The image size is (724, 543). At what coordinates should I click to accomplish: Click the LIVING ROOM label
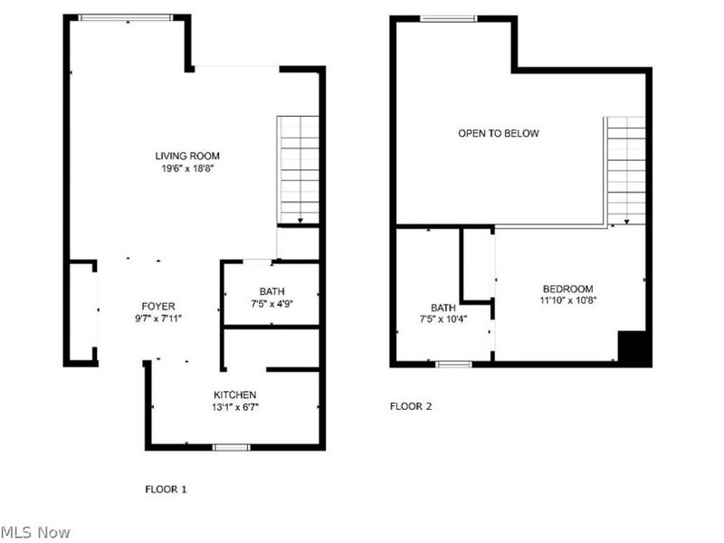pos(187,156)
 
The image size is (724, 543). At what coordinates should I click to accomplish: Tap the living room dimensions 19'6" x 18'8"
pos(187,168)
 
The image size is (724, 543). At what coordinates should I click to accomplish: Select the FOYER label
pos(157,306)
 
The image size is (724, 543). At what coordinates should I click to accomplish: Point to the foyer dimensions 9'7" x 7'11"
pos(157,319)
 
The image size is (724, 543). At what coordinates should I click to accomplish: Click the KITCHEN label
pos(234,395)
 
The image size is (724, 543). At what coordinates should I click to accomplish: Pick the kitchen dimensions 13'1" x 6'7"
pos(234,407)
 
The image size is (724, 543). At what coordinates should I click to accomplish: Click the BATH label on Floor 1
pos(271,291)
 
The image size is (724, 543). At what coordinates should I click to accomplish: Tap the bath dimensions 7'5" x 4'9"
pos(271,304)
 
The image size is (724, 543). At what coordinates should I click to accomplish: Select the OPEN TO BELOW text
pos(498,133)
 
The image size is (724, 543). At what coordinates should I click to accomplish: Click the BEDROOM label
pos(567,288)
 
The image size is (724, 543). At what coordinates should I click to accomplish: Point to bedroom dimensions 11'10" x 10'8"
pos(567,300)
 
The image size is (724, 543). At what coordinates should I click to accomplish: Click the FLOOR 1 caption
pos(166,489)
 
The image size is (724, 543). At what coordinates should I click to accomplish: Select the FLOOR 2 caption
pos(411,406)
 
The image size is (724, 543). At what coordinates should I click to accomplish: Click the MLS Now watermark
pos(36,533)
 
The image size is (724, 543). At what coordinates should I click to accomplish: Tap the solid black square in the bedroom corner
pos(635,348)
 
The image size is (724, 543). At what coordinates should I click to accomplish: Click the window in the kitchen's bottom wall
pos(231,447)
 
